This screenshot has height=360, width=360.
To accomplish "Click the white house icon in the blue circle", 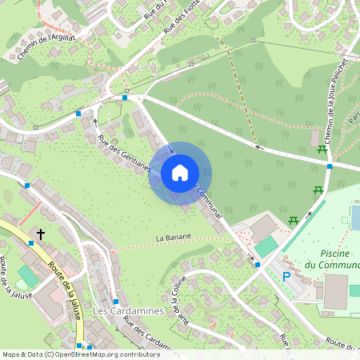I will coord(180,172).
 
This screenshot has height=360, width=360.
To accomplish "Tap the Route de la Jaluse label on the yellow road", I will coord(64,290).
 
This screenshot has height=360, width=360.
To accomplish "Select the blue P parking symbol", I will coord(286,277).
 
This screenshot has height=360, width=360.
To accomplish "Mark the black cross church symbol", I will coord(41,234).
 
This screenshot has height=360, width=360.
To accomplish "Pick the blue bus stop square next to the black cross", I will coord(31,242).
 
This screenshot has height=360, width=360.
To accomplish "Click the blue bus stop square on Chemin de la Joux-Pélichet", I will coord(330,166).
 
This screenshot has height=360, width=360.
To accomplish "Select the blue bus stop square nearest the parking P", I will coord(258,264).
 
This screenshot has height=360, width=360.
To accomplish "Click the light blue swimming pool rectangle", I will coord(355,217).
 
